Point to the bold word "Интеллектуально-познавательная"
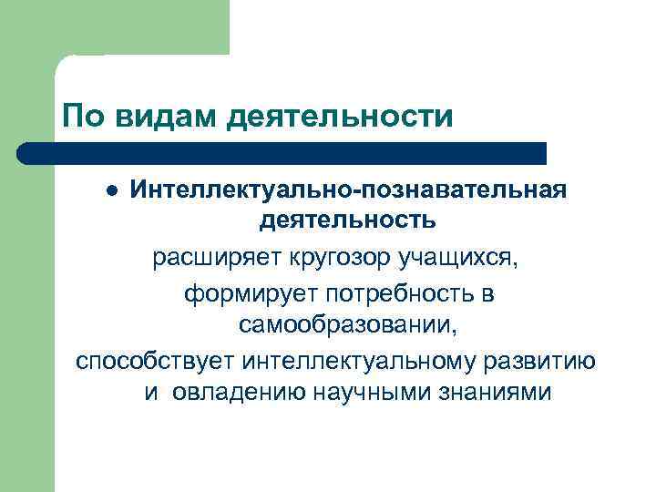tap(347, 190)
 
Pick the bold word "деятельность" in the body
tap(347, 220)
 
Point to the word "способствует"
tap(154, 360)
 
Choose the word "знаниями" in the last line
tap(492, 393)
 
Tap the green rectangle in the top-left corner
tap(114, 27)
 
